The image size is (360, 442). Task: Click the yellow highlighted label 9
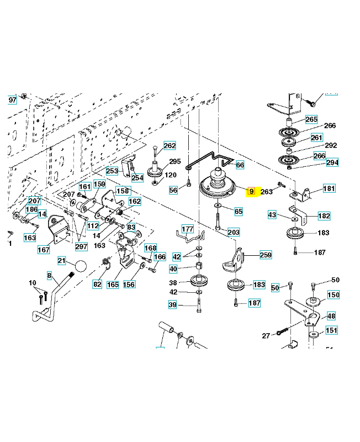pyautogui.click(x=251, y=192)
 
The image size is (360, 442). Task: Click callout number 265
pyautogui.click(x=311, y=119)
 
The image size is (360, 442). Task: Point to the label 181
pyautogui.click(x=329, y=189)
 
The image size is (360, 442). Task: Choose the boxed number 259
pyautogui.click(x=266, y=255)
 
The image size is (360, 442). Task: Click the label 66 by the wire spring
pyautogui.click(x=240, y=165)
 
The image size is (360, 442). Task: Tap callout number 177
pyautogui.click(x=188, y=229)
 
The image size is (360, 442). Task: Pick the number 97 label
pyautogui.click(x=12, y=100)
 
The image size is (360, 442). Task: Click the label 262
pyautogui.click(x=170, y=146)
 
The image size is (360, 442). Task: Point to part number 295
pyautogui.click(x=174, y=161)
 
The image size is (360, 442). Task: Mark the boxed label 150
pyautogui.click(x=333, y=295)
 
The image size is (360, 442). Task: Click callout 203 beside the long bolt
pyautogui.click(x=234, y=232)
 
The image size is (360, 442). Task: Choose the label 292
pyautogui.click(x=331, y=146)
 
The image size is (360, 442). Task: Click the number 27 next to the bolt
pyautogui.click(x=266, y=335)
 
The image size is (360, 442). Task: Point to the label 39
pyautogui.click(x=173, y=305)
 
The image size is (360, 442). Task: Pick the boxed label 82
pyautogui.click(x=97, y=284)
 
